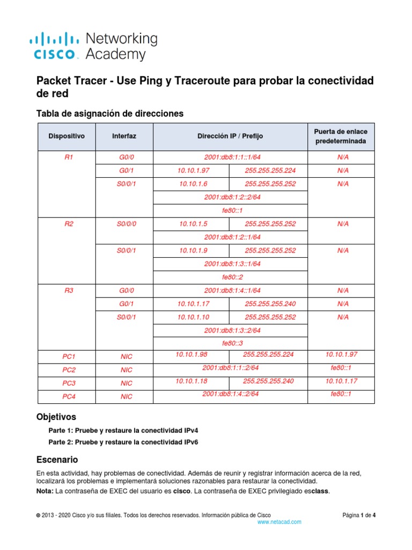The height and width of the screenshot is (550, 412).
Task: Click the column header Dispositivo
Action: (67, 136)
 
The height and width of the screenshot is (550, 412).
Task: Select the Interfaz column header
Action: (124, 136)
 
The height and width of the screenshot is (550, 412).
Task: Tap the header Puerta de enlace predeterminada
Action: (341, 136)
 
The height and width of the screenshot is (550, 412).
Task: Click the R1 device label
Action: (68, 157)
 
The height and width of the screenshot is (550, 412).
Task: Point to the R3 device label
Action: (68, 291)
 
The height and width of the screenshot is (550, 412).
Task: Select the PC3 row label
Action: (69, 383)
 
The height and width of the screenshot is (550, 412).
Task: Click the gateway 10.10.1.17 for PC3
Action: (341, 381)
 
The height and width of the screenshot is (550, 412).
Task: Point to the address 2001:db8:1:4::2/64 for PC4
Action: (231, 394)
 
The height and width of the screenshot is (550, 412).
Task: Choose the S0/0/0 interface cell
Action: (127, 224)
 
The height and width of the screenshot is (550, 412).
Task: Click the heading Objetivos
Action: (56, 417)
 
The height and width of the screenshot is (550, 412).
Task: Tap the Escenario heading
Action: (57, 460)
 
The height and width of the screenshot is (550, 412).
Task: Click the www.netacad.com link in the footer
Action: (279, 522)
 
